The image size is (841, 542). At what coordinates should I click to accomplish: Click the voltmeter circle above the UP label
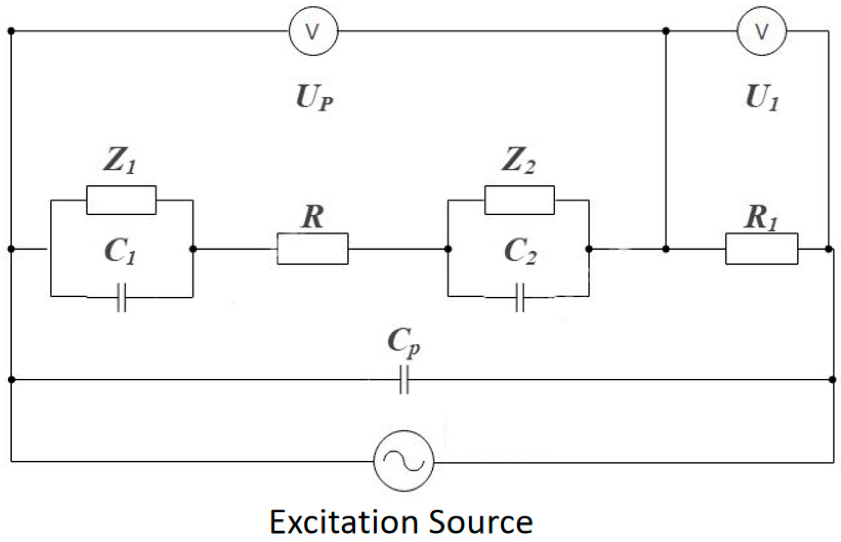pyautogui.click(x=313, y=31)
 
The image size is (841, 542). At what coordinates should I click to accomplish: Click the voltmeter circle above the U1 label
pyautogui.click(x=762, y=31)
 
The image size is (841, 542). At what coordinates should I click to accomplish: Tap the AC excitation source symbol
pyautogui.click(x=404, y=461)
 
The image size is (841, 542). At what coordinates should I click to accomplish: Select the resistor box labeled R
pyautogui.click(x=313, y=249)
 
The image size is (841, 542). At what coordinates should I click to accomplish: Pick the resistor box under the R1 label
pyautogui.click(x=762, y=249)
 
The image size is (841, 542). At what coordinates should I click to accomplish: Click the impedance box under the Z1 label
pyautogui.click(x=121, y=200)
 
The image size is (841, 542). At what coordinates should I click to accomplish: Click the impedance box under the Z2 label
pyautogui.click(x=519, y=200)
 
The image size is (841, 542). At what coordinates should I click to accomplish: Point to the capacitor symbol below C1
pyautogui.click(x=121, y=297)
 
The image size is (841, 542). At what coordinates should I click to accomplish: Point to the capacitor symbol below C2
pyautogui.click(x=520, y=297)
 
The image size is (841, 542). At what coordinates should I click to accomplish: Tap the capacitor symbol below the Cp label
pyautogui.click(x=404, y=380)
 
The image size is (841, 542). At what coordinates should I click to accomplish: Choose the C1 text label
pyautogui.click(x=120, y=252)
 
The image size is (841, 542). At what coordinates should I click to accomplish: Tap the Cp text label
pyautogui.click(x=404, y=342)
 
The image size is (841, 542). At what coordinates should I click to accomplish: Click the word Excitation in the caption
pyautogui.click(x=343, y=522)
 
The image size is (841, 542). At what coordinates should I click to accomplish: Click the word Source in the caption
pyautogui.click(x=480, y=522)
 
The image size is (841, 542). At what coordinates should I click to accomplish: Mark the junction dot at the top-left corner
pyautogui.click(x=11, y=31)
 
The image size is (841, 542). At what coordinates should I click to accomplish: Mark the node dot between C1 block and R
pyautogui.click(x=193, y=249)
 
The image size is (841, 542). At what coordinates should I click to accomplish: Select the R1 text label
pyautogui.click(x=761, y=218)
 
